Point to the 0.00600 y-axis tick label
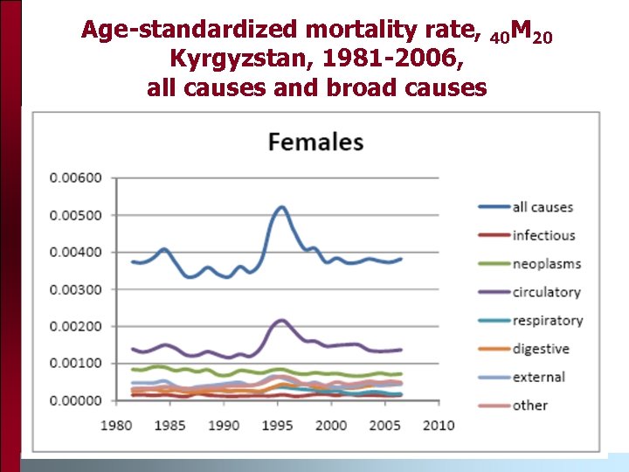tap(76, 178)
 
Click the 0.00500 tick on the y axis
tap(76, 215)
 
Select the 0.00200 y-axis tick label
tap(76, 326)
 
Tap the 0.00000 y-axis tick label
tap(76, 400)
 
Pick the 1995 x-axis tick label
tap(278, 425)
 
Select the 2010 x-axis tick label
tap(439, 425)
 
